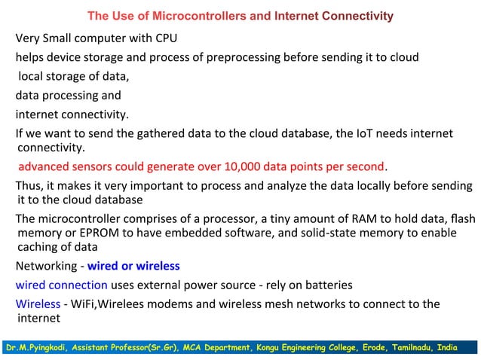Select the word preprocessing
(x=257, y=57)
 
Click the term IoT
(x=369, y=134)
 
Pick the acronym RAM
(x=349, y=218)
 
